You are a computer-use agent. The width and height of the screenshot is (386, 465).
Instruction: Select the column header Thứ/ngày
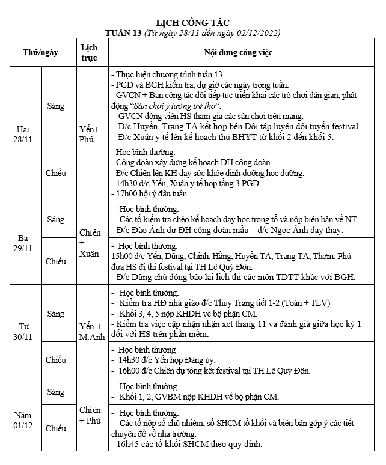(x=40, y=52)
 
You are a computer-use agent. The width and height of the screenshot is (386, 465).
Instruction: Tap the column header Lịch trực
(x=89, y=52)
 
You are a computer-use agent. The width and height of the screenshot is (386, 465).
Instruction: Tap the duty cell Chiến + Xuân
(x=89, y=243)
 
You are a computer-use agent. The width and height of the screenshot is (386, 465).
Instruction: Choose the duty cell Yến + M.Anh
(x=91, y=331)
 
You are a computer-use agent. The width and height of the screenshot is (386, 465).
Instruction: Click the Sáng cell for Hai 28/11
(x=55, y=106)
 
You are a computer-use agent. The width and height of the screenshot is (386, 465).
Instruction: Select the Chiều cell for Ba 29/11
(x=55, y=261)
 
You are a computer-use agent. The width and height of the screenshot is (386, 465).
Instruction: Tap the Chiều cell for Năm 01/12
(x=55, y=428)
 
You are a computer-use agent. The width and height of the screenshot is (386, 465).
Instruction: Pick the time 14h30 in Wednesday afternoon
(x=130, y=360)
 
